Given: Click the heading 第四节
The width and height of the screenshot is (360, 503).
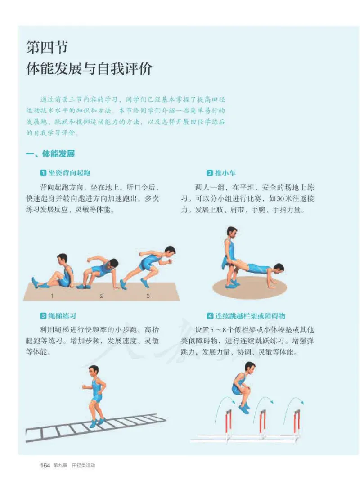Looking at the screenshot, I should tap(47, 47).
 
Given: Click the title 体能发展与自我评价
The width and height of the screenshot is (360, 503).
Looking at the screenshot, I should tap(90, 69).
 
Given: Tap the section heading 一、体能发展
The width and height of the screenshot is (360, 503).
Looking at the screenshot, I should tap(50, 154).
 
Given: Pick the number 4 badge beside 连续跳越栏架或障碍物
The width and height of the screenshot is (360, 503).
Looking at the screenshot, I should tap(210, 316).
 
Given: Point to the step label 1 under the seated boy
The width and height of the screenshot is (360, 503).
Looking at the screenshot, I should tap(52, 296).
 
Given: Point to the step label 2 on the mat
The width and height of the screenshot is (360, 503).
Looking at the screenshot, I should tap(102, 296).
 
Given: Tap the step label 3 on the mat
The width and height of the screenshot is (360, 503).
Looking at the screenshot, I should tap(148, 296).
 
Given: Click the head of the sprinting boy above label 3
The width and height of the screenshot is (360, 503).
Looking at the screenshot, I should tap(170, 251).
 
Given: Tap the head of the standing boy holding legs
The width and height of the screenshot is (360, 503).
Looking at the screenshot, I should tap(232, 232).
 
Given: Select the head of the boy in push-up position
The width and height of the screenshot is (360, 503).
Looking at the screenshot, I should tap(279, 268).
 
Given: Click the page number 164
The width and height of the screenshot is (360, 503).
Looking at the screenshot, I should tap(45, 465).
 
